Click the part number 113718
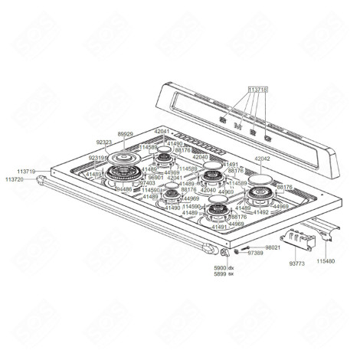click(x=258, y=89)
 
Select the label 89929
click(x=125, y=134)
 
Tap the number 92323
click(x=105, y=142)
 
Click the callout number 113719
click(x=27, y=172)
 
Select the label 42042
click(x=263, y=159)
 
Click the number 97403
click(x=147, y=183)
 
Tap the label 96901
click(x=155, y=178)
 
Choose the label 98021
click(x=273, y=247)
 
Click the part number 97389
click(x=255, y=252)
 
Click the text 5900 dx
click(x=224, y=267)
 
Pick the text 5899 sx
click(x=224, y=273)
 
